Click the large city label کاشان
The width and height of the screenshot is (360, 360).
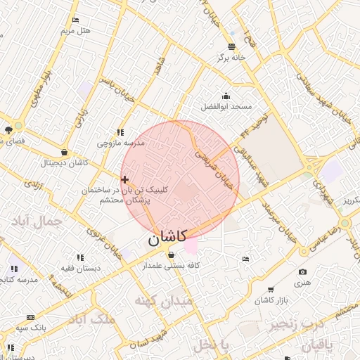[x=167, y=238]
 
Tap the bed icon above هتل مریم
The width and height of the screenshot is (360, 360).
[x=75, y=20]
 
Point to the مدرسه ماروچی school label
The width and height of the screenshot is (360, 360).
[x=120, y=143]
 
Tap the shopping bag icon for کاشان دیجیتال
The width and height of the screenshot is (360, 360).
[x=65, y=152]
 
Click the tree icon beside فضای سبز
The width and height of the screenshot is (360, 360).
[x=8, y=129]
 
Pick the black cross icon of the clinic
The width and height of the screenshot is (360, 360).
[x=125, y=180]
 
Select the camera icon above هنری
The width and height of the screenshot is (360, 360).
[x=302, y=271]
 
